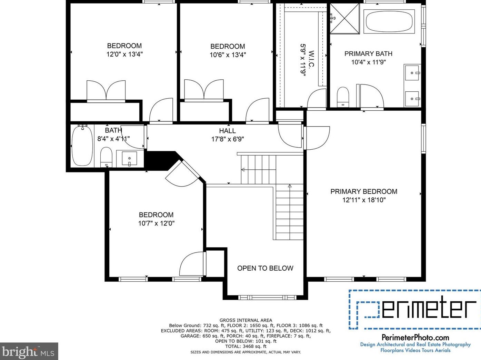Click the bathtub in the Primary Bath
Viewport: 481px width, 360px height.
coord(389,21)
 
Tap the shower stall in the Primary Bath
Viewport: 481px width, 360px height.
coord(345,19)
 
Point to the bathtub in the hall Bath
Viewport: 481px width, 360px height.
coord(82,146)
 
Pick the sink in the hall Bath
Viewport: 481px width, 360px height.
coord(130,158)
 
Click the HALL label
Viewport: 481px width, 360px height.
coord(228,131)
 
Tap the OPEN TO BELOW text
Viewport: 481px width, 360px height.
coord(265,268)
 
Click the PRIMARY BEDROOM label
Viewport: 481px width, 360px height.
coord(364,191)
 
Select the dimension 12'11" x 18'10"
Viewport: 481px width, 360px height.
coord(364,200)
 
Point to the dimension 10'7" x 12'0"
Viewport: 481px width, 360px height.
coord(156,223)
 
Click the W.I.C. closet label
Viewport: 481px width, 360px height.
coord(311,59)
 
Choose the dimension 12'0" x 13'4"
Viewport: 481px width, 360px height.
coord(124,54)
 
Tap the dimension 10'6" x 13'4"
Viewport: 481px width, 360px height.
coord(228,55)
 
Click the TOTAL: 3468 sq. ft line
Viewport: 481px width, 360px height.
coord(245,347)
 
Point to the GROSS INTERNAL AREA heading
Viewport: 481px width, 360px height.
coord(245,320)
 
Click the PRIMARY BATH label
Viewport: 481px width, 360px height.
coord(368,54)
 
